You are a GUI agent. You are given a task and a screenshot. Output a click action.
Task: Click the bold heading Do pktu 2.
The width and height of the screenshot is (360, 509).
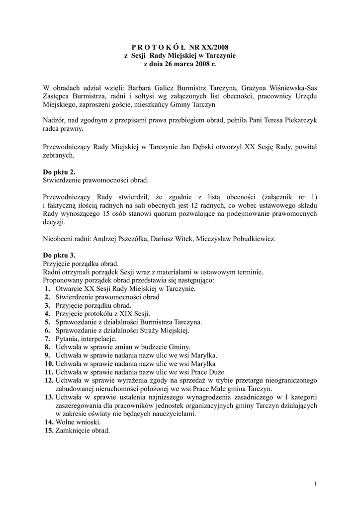tap(60, 171)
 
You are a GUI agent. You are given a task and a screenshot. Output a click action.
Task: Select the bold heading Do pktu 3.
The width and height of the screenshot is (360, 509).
tap(60, 255)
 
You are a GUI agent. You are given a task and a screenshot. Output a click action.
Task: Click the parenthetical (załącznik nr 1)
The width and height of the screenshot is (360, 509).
tap(289, 197)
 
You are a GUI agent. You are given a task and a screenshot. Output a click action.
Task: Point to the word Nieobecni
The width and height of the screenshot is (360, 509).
tap(59, 239)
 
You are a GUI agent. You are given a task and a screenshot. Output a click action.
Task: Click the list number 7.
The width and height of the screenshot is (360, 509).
tap(47, 339)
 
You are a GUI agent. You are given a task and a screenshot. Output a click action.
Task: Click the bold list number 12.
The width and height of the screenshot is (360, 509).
tap(49, 380)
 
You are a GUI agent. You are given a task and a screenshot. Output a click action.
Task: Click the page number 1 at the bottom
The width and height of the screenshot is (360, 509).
tap(315, 484)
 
